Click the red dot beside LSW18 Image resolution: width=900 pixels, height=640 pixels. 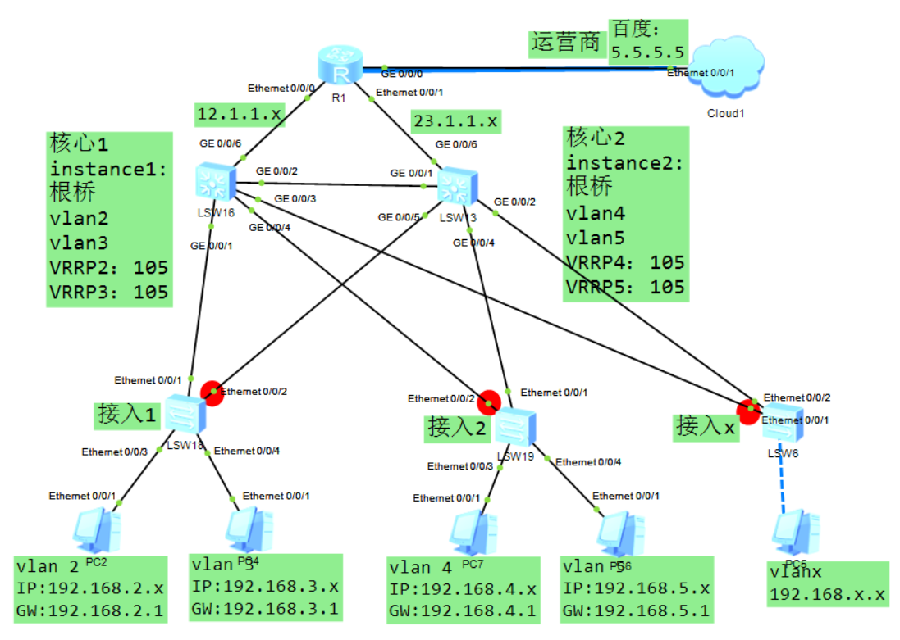tap(212, 393)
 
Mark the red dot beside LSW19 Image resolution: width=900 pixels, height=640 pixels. tap(489, 402)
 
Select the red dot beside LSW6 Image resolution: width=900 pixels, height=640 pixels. tap(747, 411)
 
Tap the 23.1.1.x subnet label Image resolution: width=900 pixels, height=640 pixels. tap(455, 121)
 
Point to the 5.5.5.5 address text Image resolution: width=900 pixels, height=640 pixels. tap(648, 52)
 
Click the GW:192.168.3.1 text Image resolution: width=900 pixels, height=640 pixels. tap(264, 609)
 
